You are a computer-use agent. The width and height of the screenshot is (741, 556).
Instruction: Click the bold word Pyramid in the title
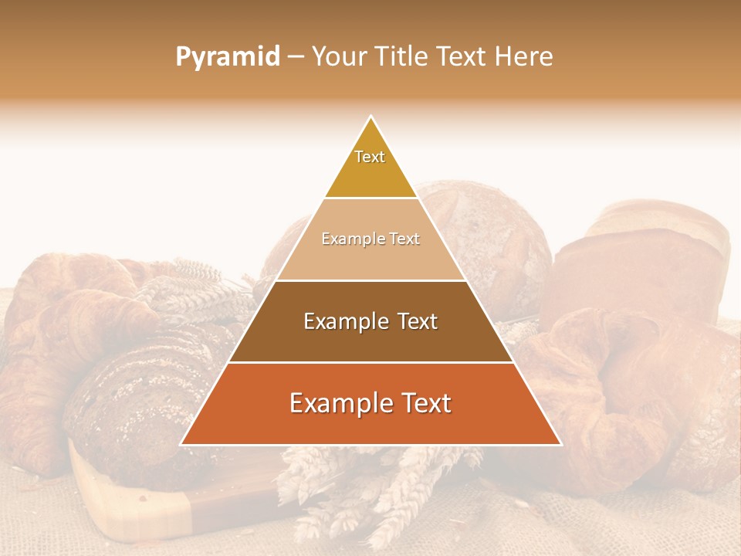click(x=227, y=56)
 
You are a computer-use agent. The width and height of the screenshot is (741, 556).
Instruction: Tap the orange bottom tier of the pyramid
click(x=370, y=421)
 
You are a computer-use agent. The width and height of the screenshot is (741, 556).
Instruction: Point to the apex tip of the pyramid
click(x=370, y=117)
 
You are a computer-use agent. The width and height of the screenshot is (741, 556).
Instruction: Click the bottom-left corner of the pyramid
click(x=182, y=444)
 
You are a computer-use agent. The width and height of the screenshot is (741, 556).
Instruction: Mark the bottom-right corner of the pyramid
click(x=560, y=444)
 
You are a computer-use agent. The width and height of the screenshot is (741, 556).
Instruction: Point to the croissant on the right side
click(x=617, y=386)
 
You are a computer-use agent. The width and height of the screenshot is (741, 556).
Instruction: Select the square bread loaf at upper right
click(x=641, y=263)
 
